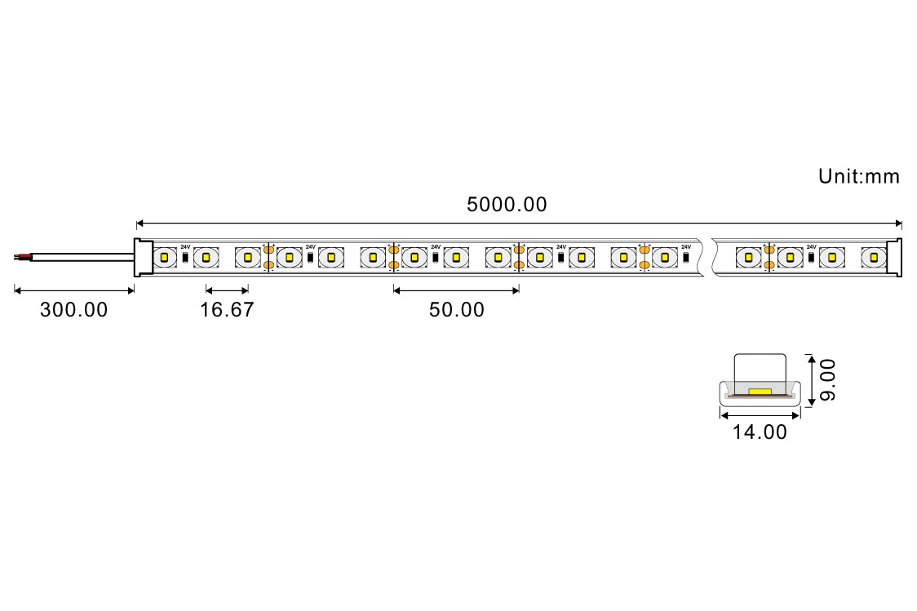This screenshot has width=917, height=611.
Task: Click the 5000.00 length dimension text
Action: click(x=507, y=205)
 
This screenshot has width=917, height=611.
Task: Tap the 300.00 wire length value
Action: click(x=73, y=310)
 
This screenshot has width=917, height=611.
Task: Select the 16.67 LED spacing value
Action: click(x=227, y=310)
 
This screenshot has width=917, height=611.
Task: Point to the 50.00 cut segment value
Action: click(x=457, y=310)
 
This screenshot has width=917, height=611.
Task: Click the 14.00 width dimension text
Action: click(x=760, y=432)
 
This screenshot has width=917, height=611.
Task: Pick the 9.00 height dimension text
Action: click(x=827, y=380)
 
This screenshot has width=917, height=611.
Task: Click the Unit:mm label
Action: click(x=858, y=176)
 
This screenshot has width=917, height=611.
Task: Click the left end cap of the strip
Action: click(x=144, y=257)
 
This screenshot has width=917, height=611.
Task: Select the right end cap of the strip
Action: click(x=893, y=257)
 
